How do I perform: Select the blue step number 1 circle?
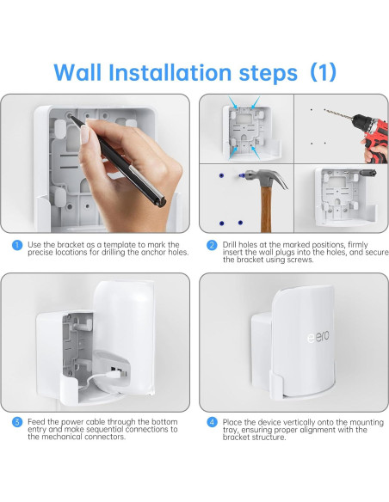tap(17, 246)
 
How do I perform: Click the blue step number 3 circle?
tap(17, 422)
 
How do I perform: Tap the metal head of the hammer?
tap(256, 175)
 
